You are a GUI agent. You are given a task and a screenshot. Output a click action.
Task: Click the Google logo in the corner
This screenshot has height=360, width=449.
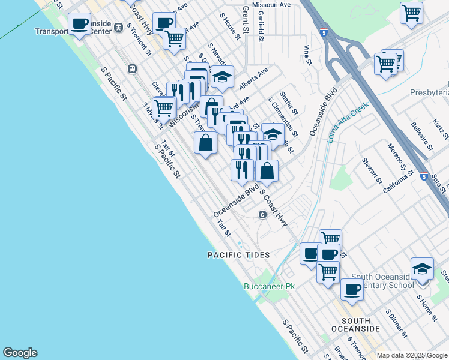20,353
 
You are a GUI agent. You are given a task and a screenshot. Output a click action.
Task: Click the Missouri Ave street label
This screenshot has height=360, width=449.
271,4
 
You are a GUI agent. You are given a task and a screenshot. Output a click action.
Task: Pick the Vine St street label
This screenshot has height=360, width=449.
308,54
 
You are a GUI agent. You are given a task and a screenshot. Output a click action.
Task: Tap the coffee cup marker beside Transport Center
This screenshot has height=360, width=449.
79,25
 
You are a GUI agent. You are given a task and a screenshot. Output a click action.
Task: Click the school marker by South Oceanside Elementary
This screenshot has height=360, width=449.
422,269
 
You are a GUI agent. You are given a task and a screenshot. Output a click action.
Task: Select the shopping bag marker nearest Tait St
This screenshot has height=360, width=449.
206,143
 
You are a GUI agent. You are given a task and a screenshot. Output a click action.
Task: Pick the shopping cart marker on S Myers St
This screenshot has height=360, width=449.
163,108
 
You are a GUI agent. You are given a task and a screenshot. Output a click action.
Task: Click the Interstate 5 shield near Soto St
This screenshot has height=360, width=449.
424,178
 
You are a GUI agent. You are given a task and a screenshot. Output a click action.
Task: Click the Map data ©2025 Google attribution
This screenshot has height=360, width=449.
412,355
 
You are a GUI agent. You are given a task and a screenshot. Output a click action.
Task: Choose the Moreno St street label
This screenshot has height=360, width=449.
396,156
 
